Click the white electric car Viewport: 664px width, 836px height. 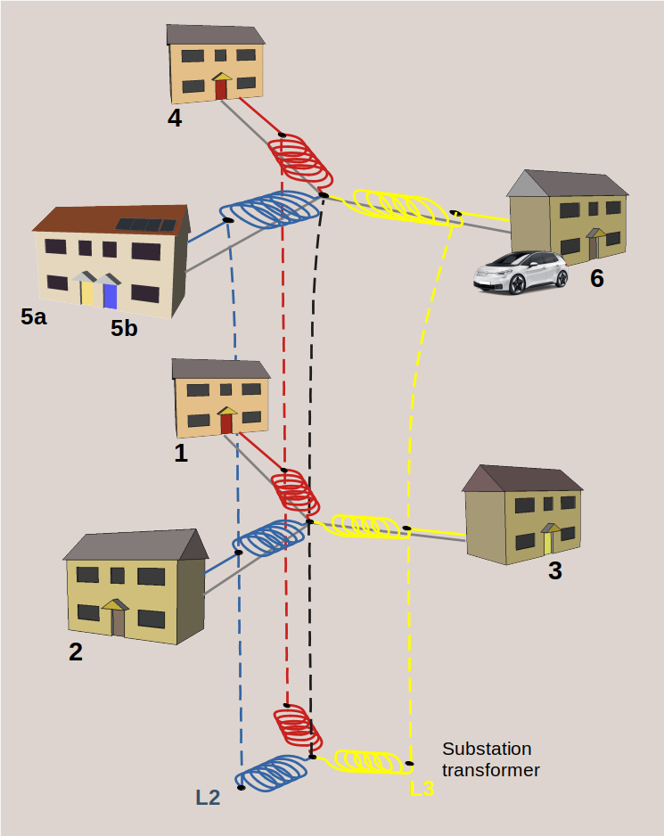click(521, 272)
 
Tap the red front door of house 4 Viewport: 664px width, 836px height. click(222, 90)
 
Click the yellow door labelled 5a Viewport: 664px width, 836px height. click(87, 292)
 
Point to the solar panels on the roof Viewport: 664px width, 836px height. click(147, 225)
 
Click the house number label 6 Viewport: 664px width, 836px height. click(596, 279)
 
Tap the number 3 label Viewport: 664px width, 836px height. click(554, 571)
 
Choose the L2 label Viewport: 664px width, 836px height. click(208, 798)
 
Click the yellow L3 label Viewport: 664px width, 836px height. click(421, 789)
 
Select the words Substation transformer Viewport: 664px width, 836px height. click(490, 759)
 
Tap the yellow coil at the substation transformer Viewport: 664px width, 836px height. click(368, 761)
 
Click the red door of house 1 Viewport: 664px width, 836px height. click(226, 423)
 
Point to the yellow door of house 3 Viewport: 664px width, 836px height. click(548, 543)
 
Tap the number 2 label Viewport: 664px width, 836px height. click(76, 652)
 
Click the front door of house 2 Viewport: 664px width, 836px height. click(118, 622)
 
